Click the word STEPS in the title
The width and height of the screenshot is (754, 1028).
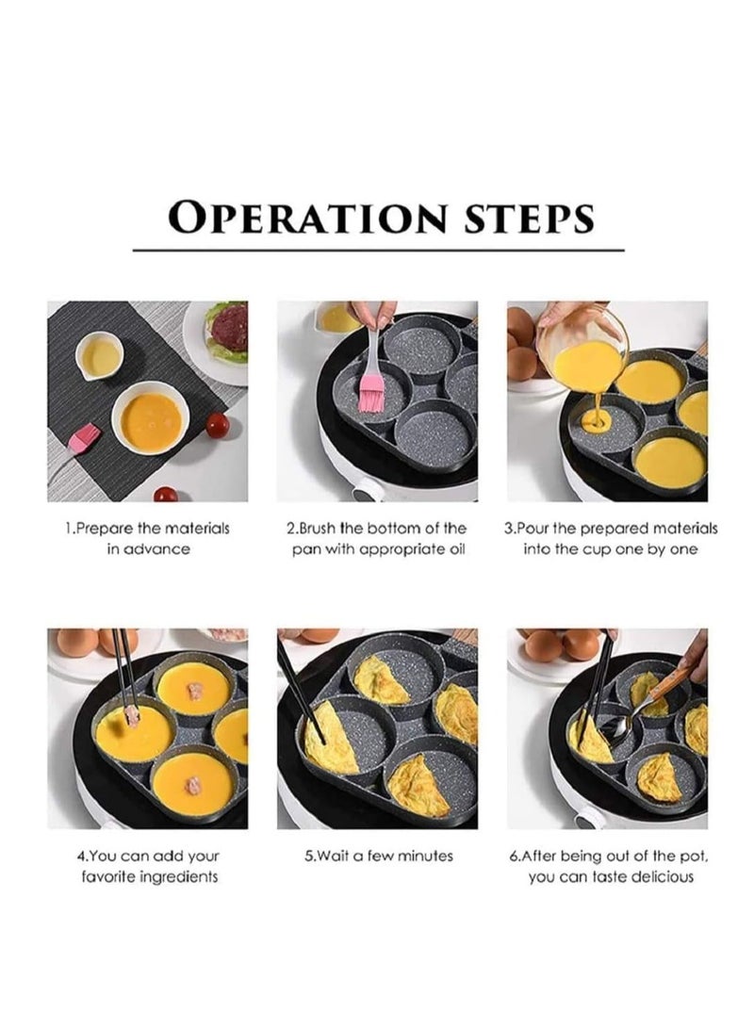click(529, 218)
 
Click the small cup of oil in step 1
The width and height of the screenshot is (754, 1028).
click(100, 356)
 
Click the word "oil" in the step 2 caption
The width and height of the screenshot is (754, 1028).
click(455, 548)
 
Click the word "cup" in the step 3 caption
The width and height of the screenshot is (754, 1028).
click(600, 548)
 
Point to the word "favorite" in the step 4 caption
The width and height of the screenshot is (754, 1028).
click(107, 876)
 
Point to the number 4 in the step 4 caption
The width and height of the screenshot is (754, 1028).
click(81, 856)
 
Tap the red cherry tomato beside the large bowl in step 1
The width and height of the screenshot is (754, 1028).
click(218, 425)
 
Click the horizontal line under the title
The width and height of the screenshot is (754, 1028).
click(378, 250)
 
